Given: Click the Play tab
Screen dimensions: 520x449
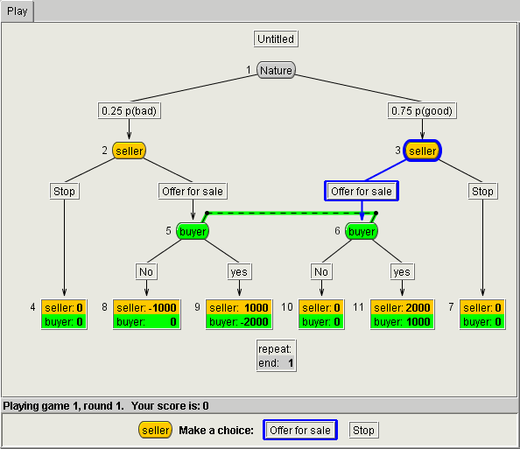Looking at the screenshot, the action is point(17,11).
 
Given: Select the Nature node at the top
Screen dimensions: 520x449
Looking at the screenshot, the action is point(276,70).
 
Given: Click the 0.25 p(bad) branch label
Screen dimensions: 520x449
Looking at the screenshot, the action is point(129,110).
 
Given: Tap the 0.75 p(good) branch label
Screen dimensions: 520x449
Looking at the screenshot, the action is point(422,110).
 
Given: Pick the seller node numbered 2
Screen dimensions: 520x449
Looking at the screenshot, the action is point(129,151).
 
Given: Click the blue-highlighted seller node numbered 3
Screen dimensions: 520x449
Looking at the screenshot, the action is point(422,151).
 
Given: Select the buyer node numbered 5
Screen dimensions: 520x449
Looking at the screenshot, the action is point(193,231).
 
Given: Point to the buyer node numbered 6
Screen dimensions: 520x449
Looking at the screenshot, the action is point(362,231).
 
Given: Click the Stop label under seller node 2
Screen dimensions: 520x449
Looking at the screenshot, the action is point(64,191).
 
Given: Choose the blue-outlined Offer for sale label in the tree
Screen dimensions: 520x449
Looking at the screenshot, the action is point(362,191).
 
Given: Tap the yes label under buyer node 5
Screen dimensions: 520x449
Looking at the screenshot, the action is point(239,271).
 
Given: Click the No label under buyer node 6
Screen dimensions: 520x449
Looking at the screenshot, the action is point(321,271).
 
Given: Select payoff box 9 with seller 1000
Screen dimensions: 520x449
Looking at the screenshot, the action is point(239,314).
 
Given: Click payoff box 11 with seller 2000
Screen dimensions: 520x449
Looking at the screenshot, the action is point(402,314).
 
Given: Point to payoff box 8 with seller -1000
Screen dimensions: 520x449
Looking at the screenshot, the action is point(146,314).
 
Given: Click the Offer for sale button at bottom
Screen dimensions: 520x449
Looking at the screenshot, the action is point(300,430).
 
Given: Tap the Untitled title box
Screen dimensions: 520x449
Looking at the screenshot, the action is point(276,39).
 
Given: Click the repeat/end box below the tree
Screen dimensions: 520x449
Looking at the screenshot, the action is point(277,356).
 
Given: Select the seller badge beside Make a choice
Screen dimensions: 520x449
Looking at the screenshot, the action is point(155,430).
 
